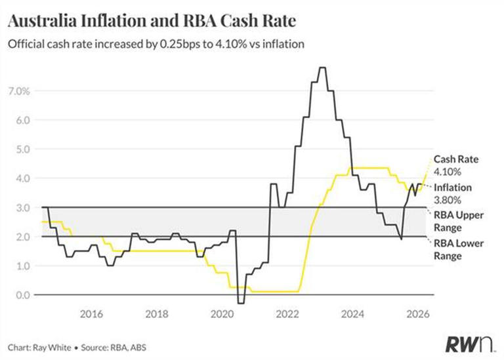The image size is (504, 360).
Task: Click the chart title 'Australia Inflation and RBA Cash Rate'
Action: click(152, 22)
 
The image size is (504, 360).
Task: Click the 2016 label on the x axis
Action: click(91, 313)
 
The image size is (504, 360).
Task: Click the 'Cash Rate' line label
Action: click(451, 159)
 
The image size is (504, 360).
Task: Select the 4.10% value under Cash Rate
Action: click(448, 171)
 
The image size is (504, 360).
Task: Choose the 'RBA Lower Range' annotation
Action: click(459, 249)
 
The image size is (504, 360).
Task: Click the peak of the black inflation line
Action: click(322, 68)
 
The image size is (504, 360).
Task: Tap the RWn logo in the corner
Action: click(471, 341)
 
